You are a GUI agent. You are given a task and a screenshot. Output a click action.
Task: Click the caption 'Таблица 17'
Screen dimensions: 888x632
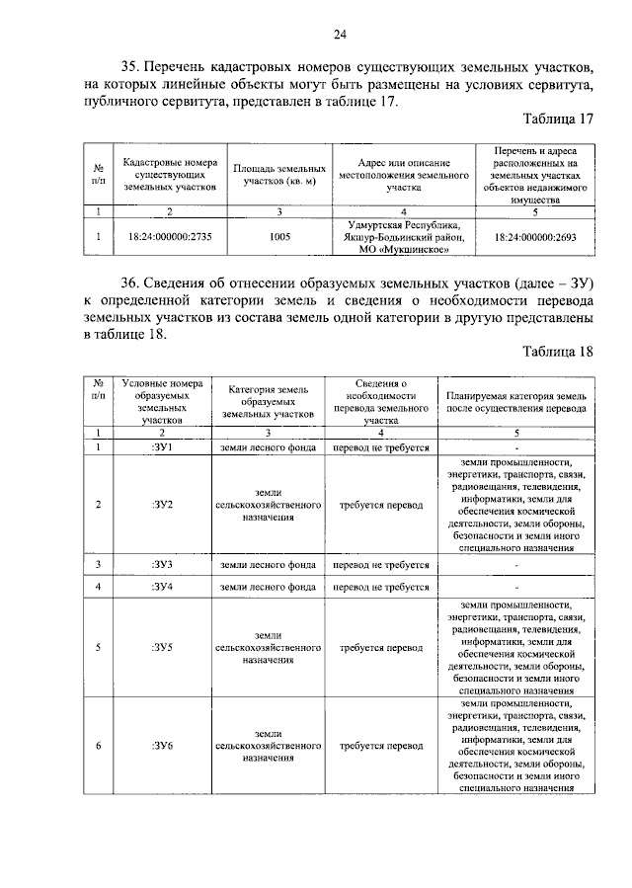(559, 120)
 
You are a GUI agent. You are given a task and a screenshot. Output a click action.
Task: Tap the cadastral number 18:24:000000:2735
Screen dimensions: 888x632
(170, 237)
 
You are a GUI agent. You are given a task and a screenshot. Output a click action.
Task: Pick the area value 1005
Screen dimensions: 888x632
(278, 237)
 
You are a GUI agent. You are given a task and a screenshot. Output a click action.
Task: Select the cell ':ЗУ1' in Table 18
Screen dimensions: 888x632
(163, 447)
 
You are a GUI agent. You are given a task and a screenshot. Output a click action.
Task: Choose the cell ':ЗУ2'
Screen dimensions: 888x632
(163, 505)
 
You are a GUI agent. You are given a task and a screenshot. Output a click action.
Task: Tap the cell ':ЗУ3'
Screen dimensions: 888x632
(163, 565)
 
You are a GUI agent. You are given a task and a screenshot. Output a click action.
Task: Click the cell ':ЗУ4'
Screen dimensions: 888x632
(163, 587)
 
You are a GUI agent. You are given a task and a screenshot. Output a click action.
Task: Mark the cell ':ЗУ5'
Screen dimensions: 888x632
(163, 648)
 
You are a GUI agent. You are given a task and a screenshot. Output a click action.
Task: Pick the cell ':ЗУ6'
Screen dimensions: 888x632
(163, 746)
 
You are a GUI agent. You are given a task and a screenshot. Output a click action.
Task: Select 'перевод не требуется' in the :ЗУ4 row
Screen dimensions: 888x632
(380, 587)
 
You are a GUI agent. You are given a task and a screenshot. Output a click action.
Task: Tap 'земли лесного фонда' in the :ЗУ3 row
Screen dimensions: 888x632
(268, 565)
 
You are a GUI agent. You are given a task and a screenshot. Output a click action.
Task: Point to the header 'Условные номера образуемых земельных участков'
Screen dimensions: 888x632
(163, 401)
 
